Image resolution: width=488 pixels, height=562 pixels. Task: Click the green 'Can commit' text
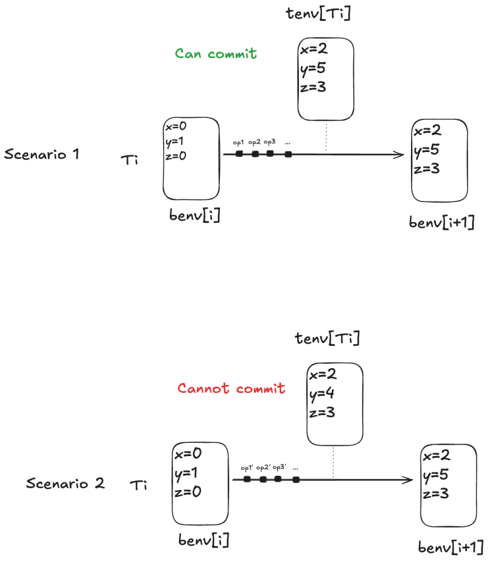click(x=215, y=53)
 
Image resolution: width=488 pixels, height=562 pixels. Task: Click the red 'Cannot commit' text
click(x=231, y=389)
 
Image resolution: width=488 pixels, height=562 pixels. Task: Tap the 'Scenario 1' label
click(x=42, y=154)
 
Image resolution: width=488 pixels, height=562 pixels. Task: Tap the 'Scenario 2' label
click(x=65, y=484)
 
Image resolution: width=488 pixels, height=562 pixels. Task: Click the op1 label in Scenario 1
click(x=239, y=143)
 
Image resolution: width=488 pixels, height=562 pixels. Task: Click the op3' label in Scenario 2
click(x=280, y=468)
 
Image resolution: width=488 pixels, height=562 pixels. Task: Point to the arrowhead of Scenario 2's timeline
click(x=409, y=480)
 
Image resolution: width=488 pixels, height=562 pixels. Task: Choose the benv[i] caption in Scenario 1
click(x=195, y=216)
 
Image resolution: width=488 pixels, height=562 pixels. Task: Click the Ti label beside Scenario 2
click(x=138, y=485)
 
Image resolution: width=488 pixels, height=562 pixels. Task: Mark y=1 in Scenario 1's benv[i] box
click(x=175, y=142)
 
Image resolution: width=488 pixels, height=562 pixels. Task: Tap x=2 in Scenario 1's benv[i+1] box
click(x=428, y=131)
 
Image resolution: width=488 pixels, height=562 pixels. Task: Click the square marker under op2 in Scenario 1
click(x=255, y=154)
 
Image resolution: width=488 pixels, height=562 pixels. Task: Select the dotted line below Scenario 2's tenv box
click(x=334, y=462)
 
